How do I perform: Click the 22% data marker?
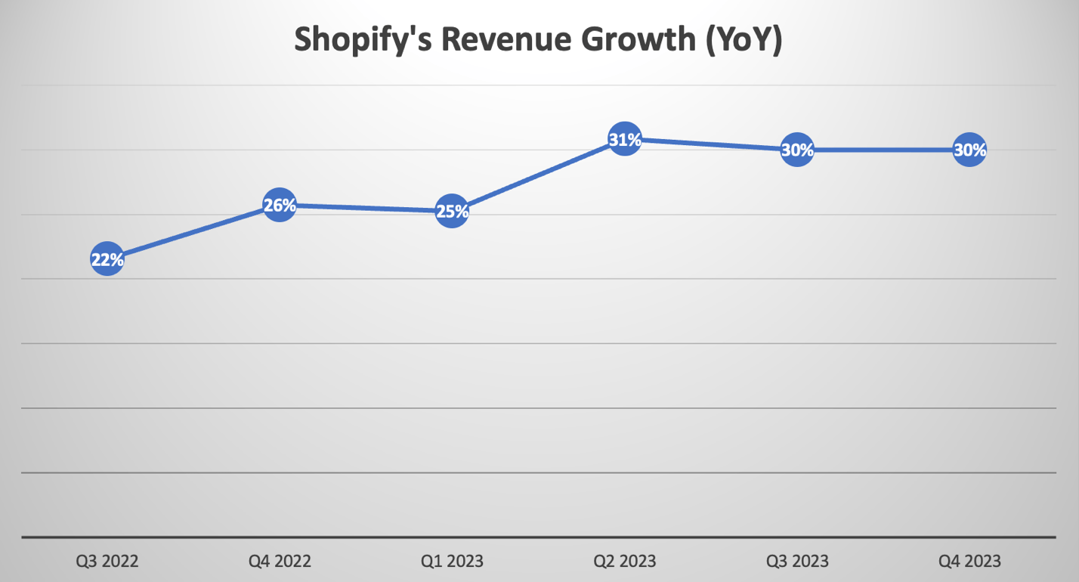click(107, 259)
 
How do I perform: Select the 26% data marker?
click(280, 205)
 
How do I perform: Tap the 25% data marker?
click(452, 212)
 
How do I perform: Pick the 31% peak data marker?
click(625, 139)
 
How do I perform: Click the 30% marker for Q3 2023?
click(797, 150)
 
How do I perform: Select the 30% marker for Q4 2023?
click(969, 150)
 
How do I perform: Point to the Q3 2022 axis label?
click(107, 561)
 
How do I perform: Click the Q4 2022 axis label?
click(280, 561)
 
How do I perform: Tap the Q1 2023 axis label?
click(452, 561)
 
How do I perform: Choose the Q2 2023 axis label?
click(625, 561)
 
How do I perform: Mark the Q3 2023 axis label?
click(797, 561)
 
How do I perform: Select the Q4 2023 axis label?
click(969, 561)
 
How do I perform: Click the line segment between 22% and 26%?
click(193, 232)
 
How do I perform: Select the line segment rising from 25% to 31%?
click(538, 175)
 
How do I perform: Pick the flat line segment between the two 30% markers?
click(883, 150)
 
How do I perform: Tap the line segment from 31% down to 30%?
click(711, 144)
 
